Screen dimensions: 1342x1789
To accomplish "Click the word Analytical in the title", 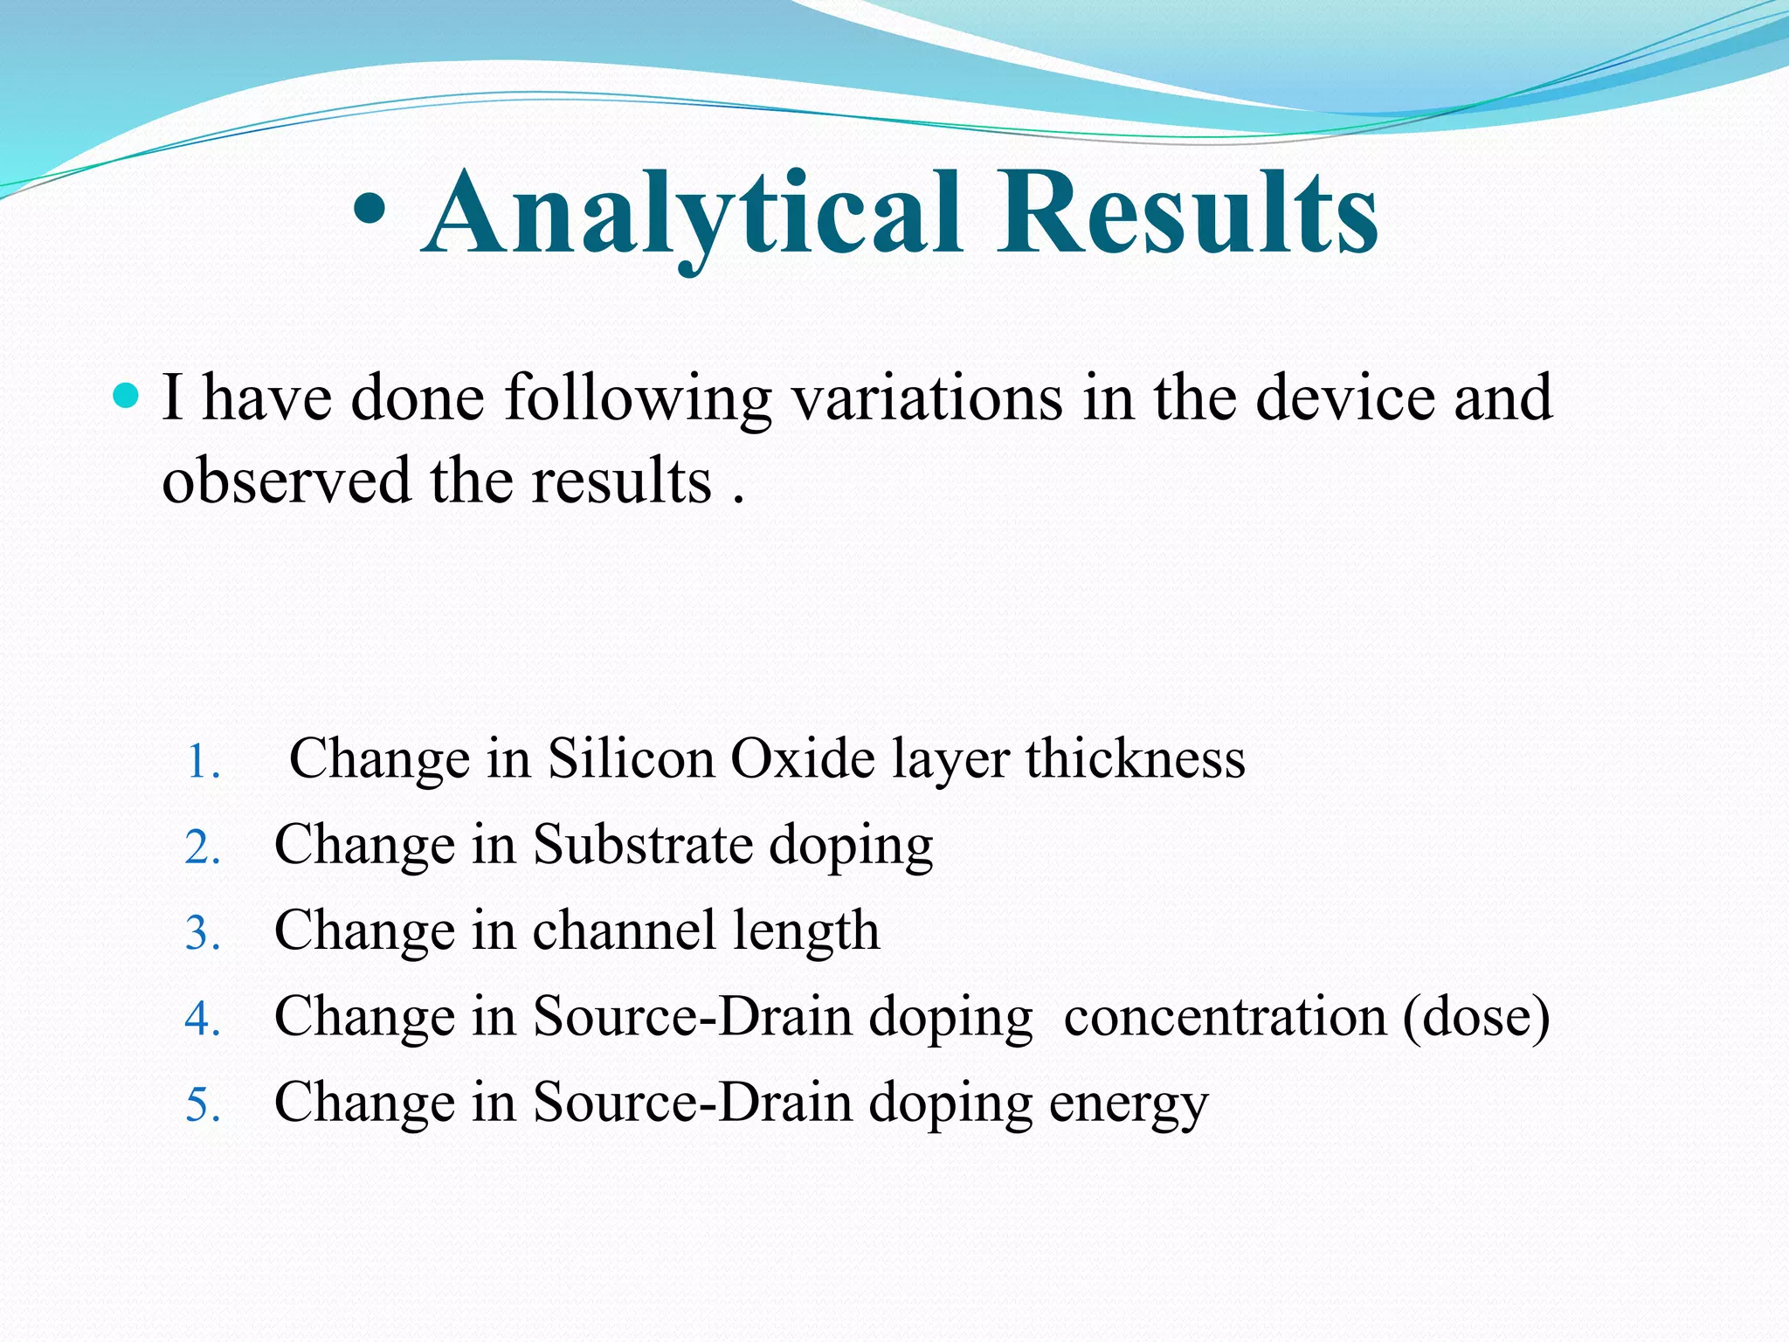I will pyautogui.click(x=694, y=214).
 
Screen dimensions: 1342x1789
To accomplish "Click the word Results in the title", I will pyautogui.click(x=1188, y=214).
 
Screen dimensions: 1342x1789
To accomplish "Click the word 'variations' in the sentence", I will pyautogui.click(x=927, y=398).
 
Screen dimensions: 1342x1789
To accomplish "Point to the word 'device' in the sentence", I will pyautogui.click(x=1345, y=398).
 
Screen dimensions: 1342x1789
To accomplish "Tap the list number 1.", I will pyautogui.click(x=203, y=762).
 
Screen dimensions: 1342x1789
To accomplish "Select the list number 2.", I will pyautogui.click(x=203, y=847).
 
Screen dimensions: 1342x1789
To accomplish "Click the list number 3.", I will pyautogui.click(x=203, y=933).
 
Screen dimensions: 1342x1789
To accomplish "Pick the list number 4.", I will pyautogui.click(x=203, y=1019).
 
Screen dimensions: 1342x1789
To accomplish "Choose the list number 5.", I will pyautogui.click(x=203, y=1104).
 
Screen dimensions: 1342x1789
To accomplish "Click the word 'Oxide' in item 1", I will pyautogui.click(x=803, y=758).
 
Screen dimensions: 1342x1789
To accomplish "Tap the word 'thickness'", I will pyautogui.click(x=1136, y=758).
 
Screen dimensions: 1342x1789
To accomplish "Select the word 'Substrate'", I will pyautogui.click(x=643, y=845).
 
